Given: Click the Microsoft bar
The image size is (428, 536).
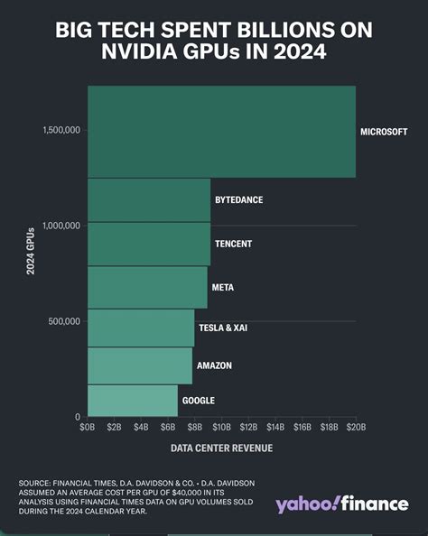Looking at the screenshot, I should click(x=221, y=132).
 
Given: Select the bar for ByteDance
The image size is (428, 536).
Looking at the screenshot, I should click(x=149, y=199).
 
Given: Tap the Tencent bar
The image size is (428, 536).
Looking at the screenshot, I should click(x=149, y=244).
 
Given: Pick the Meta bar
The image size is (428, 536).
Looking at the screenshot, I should click(x=147, y=287).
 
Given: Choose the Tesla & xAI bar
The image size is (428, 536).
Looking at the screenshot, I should click(x=141, y=328).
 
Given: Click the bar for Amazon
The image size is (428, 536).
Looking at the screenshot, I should click(x=140, y=365).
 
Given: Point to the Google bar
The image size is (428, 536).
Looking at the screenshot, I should click(x=133, y=400).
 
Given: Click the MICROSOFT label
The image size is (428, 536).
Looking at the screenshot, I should click(x=384, y=132).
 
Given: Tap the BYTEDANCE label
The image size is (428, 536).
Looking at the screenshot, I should click(x=238, y=199).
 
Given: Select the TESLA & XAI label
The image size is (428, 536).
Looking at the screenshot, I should click(x=223, y=328).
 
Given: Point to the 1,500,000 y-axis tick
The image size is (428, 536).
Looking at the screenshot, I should click(x=61, y=130).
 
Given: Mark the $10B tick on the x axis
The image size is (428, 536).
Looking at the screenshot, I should click(x=221, y=426).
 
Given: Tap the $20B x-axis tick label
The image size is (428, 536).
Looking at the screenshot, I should click(x=355, y=426).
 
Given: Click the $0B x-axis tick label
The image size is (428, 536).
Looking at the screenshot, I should click(x=88, y=426).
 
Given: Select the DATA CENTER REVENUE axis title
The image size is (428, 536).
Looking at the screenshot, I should click(x=220, y=448).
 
